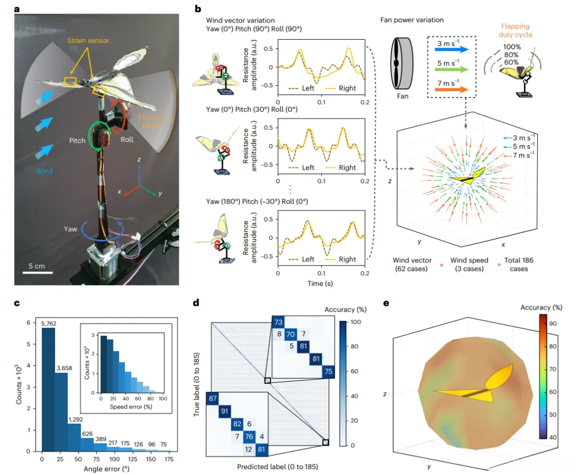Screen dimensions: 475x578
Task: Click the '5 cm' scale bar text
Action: (x=37, y=266)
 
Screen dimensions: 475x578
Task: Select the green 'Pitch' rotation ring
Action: (x=100, y=138)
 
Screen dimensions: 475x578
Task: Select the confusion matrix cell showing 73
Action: (x=278, y=322)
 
